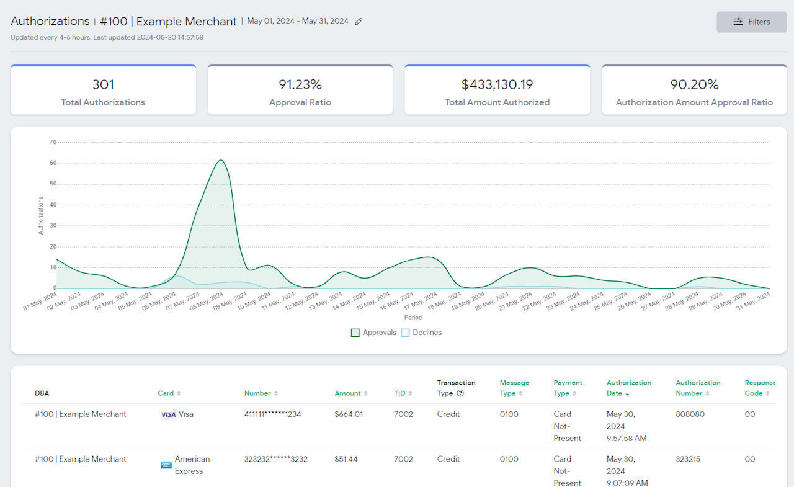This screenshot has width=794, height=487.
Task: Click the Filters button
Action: point(751,22)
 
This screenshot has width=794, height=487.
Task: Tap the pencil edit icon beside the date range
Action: point(359,22)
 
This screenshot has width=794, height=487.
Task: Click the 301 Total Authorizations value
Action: point(103,84)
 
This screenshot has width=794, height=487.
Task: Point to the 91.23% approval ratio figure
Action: point(300,84)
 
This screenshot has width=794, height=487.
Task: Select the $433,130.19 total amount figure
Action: point(497,84)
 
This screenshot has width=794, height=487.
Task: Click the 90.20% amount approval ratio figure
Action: point(694,84)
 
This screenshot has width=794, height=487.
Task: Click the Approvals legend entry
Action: point(373,333)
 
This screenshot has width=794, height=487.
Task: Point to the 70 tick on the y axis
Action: point(53,142)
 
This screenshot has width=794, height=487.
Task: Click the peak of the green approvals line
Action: point(221,160)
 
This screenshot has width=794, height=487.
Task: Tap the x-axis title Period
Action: point(413,318)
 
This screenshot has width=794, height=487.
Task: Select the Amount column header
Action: point(347,393)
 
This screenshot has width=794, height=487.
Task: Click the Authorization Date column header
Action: point(628,388)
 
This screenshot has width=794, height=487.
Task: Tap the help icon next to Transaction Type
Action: point(460,393)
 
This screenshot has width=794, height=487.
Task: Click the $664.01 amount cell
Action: point(349,414)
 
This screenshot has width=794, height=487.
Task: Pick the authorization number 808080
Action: point(690,414)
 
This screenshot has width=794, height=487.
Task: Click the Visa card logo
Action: point(168,414)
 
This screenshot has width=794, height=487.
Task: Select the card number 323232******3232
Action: point(275,459)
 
